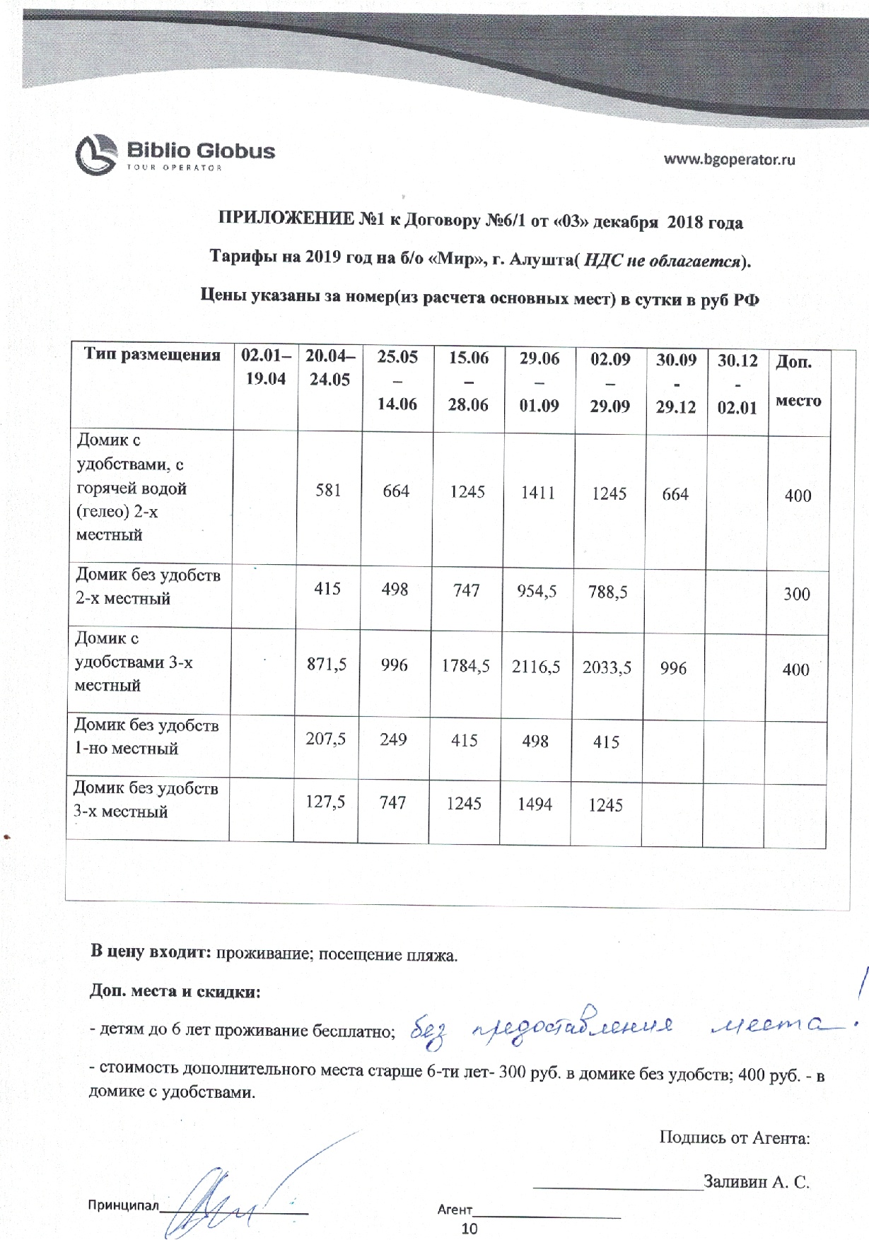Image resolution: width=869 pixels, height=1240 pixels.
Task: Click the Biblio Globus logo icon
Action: click(95, 155)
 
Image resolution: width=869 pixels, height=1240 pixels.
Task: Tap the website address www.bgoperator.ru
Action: click(729, 159)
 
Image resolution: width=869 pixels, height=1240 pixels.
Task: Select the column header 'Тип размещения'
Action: click(152, 354)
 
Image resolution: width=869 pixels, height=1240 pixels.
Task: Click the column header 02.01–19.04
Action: click(266, 367)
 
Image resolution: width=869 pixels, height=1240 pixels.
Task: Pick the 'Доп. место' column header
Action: click(798, 381)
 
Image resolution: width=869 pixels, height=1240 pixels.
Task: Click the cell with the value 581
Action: click(328, 490)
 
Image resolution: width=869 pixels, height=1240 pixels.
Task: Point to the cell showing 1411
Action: click(538, 493)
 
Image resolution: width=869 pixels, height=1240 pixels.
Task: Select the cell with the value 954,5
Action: click(537, 591)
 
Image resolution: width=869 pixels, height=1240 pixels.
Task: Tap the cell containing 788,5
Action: click(608, 592)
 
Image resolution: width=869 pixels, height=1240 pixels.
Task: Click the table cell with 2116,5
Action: click(536, 667)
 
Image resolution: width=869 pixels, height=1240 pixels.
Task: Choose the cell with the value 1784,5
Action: click(465, 666)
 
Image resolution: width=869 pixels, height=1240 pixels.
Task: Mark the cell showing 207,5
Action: click(325, 739)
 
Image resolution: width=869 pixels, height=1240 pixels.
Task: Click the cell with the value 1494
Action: click(535, 804)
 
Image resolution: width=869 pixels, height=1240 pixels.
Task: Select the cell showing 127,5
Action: click(325, 802)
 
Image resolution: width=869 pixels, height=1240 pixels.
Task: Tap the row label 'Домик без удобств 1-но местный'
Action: click(146, 737)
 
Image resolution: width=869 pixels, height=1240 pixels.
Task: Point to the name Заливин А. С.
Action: click(757, 1181)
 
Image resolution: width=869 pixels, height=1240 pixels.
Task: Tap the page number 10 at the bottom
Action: click(470, 1229)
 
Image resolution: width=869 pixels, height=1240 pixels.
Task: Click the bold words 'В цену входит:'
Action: click(151, 952)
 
